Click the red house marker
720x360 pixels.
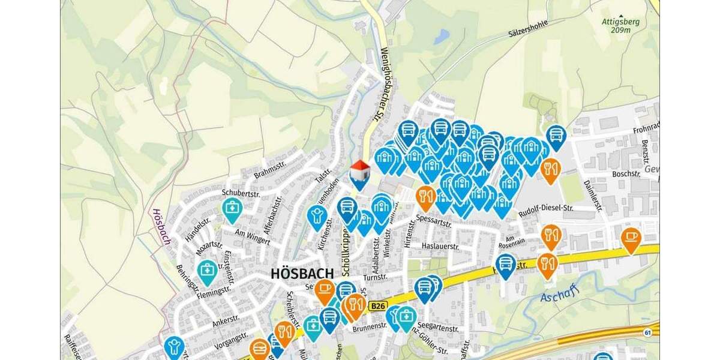359,173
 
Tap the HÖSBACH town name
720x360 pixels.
302,274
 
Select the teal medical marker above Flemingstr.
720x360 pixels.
207,271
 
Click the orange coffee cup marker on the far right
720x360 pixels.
631,239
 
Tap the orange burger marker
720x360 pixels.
259,348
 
